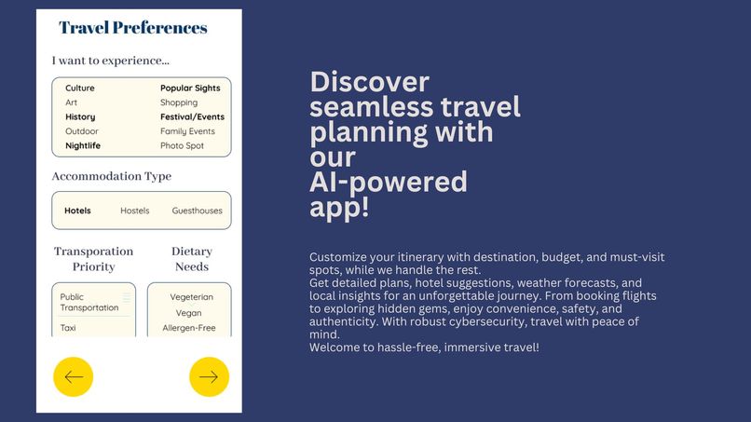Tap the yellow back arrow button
pyautogui.click(x=73, y=376)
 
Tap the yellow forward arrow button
pyautogui.click(x=209, y=376)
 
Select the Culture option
pyautogui.click(x=80, y=88)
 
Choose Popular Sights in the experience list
pyautogui.click(x=190, y=88)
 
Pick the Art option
pyautogui.click(x=72, y=102)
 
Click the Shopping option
pyautogui.click(x=179, y=102)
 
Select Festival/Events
pyautogui.click(x=192, y=117)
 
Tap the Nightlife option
pyautogui.click(x=83, y=146)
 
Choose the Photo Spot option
pyautogui.click(x=182, y=146)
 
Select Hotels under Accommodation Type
pyautogui.click(x=77, y=211)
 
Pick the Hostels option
pyautogui.click(x=135, y=211)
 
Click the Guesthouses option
pyautogui.click(x=198, y=211)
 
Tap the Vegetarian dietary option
pyautogui.click(x=192, y=297)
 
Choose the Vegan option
pyautogui.click(x=189, y=313)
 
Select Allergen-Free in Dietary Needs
pyautogui.click(x=189, y=328)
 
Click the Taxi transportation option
pyautogui.click(x=68, y=328)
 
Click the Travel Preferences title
pyautogui.click(x=133, y=28)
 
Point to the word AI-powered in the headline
pyautogui.click(x=388, y=182)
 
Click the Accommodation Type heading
pyautogui.click(x=112, y=176)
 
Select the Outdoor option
pyautogui.click(x=82, y=131)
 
